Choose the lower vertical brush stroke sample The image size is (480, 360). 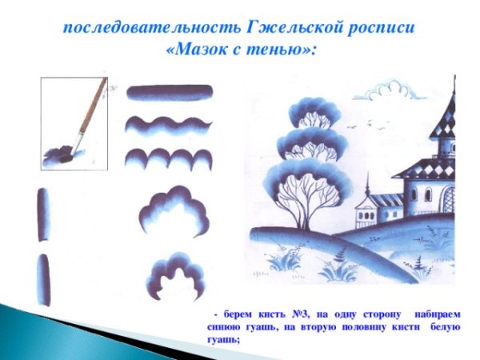[x=43, y=279]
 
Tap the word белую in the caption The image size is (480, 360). [x=446, y=327]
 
